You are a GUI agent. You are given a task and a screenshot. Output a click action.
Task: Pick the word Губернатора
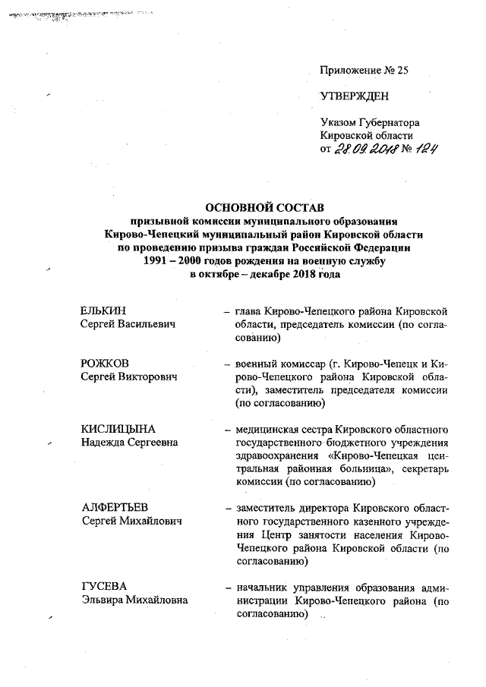tap(392, 122)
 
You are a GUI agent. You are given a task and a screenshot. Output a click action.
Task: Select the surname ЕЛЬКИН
tap(103, 311)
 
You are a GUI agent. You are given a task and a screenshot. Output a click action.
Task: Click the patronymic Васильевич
tap(149, 324)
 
